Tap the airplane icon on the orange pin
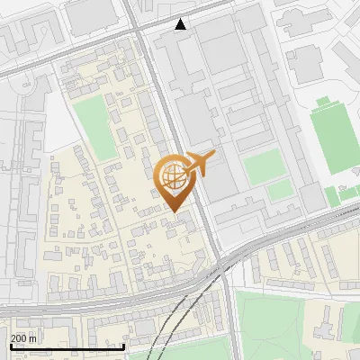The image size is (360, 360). tap(201, 164)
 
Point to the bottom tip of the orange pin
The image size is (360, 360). tap(174, 211)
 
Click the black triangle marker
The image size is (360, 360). tap(181, 24)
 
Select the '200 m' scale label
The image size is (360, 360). tap(23, 338)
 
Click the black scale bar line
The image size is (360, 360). tap(67, 346)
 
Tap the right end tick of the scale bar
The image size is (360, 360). tap(124, 345)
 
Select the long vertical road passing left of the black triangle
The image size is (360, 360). tap(163, 108)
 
